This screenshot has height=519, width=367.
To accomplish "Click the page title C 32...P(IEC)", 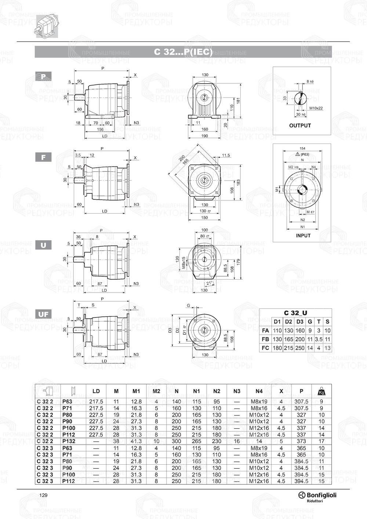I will point(183,52).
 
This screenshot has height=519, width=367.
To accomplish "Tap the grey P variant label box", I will point(43,77).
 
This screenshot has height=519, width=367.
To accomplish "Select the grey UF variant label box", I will point(43,314).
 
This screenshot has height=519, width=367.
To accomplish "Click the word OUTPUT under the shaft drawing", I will point(300,126).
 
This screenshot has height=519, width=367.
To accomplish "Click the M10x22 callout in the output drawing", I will point(316,108).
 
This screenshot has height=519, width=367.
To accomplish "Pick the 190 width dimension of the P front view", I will point(204,136).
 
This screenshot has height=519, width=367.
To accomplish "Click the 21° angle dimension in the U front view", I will point(209,283).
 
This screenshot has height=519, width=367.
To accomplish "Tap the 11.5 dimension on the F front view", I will point(226,155).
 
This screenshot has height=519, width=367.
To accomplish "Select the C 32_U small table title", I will point(295,313).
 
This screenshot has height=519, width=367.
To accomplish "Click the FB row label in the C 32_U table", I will point(265,340).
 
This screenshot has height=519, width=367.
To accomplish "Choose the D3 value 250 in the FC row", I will point(300,348).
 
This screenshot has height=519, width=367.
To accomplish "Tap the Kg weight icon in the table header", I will point(321,391).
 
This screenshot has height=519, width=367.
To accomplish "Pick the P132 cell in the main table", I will point(69,441).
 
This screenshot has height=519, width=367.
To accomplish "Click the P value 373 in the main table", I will point(301,441).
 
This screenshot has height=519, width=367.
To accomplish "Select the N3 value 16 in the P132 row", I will point(237,441).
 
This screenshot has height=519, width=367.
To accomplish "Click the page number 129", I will point(43,495).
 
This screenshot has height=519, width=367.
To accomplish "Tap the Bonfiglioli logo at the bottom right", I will point(317,496).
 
